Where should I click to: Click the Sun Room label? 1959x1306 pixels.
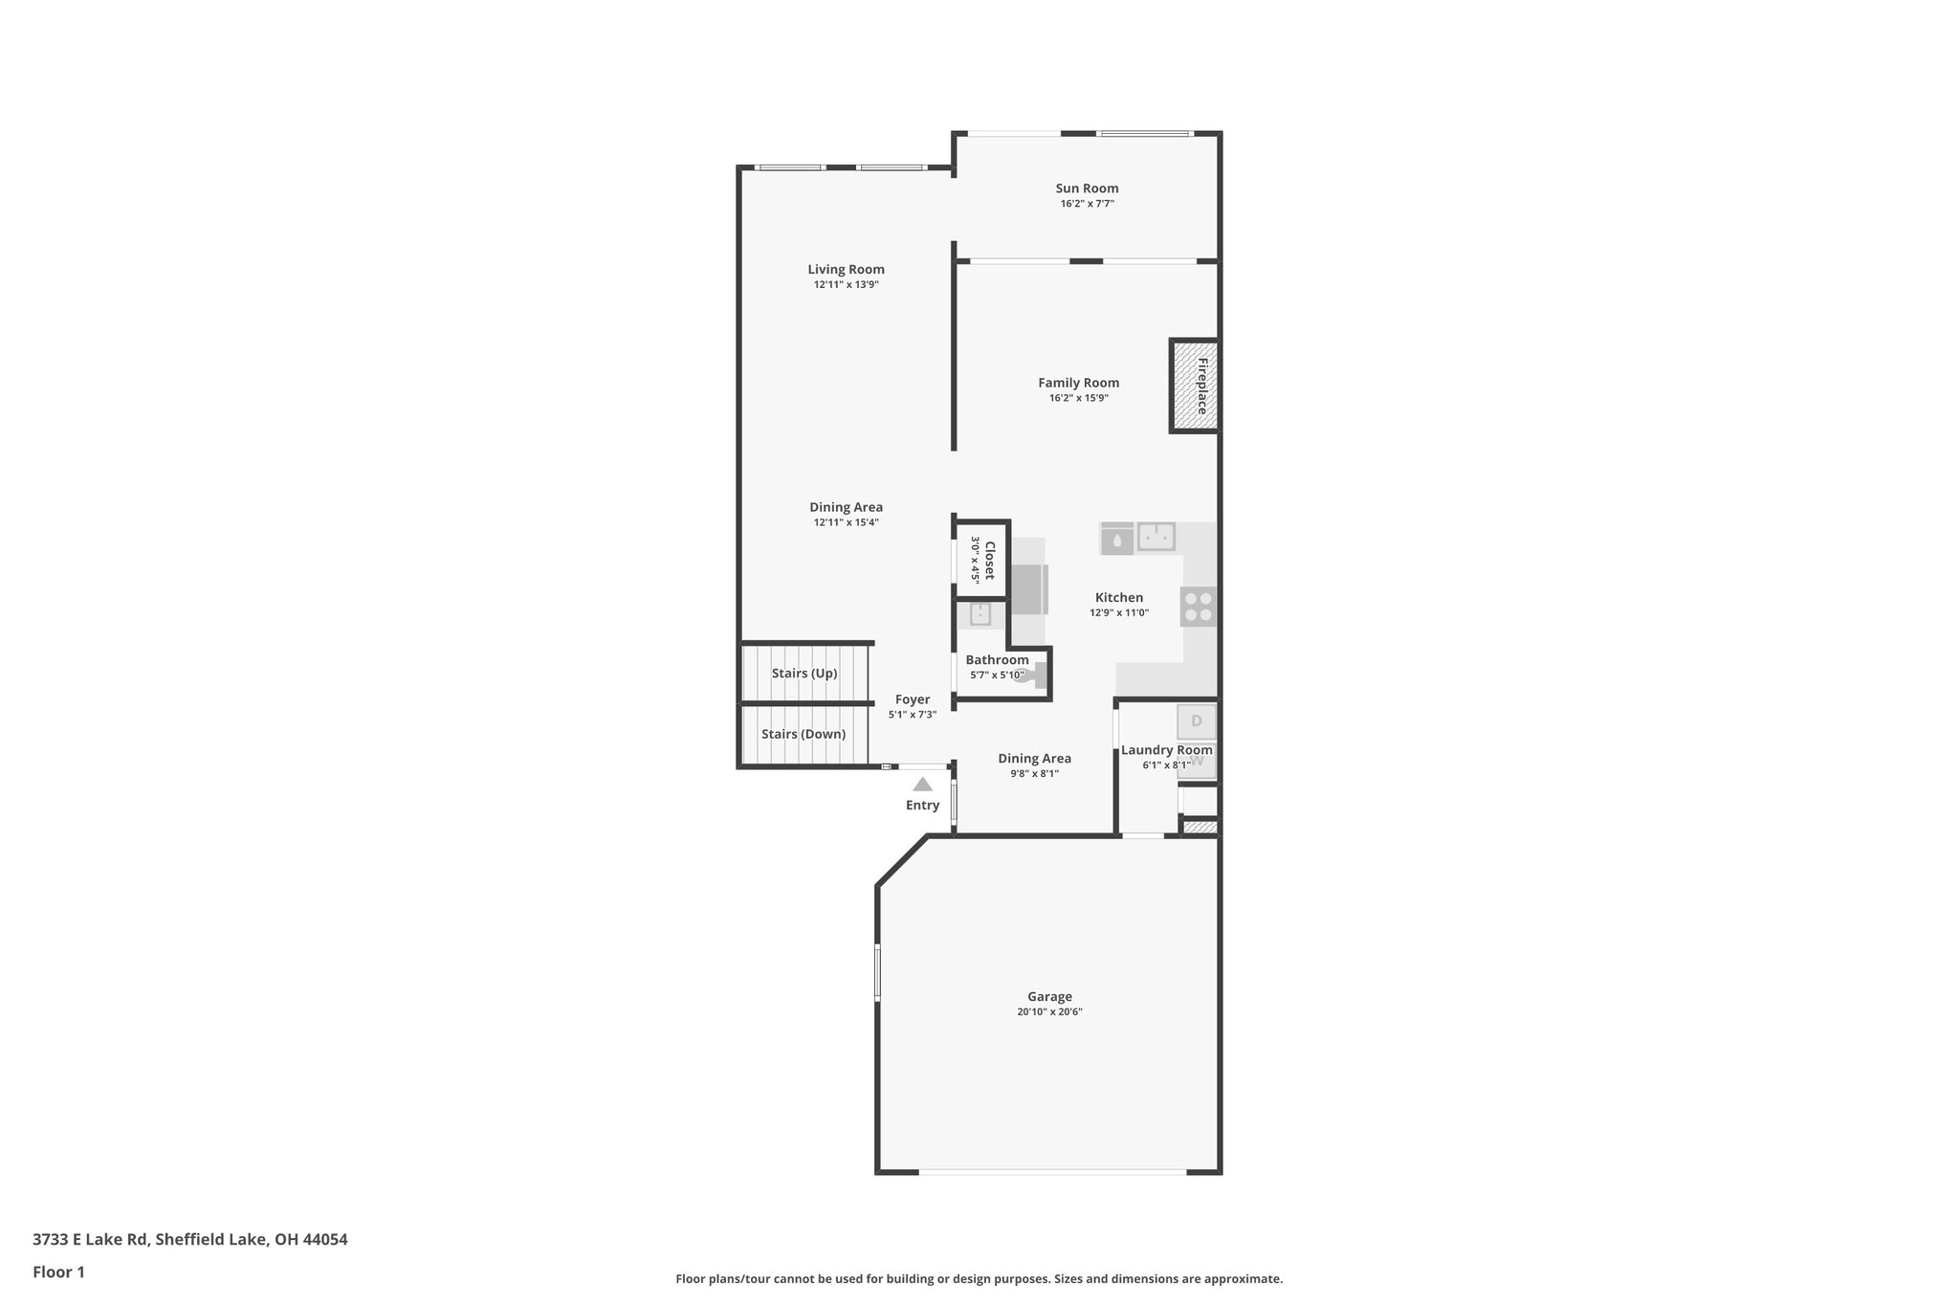coord(1087,188)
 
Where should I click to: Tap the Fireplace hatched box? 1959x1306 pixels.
coord(1193,386)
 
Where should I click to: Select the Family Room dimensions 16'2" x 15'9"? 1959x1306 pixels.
coord(1078,398)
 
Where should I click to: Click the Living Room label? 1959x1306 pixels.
coord(846,270)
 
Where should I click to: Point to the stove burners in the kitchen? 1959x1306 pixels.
coord(1199,607)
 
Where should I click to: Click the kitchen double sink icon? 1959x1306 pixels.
coord(1156,537)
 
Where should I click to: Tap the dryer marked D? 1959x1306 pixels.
coord(1196,721)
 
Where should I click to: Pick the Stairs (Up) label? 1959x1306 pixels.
coord(804,674)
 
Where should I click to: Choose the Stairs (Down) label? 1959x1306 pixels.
coord(803,735)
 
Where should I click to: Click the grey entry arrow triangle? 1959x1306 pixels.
coord(922,785)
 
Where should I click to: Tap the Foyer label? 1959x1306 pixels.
coord(912,700)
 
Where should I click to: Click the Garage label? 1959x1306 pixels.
coord(1049,997)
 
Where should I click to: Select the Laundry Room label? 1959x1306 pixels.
coord(1166,750)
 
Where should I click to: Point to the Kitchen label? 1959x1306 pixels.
coord(1118,598)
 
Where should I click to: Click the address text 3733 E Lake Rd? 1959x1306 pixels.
coord(91,1239)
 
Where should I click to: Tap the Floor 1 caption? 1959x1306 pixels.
coord(58,1272)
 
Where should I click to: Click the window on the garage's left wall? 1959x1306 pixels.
coord(877,974)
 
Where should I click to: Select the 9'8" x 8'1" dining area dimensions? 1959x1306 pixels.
coord(1034,774)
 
